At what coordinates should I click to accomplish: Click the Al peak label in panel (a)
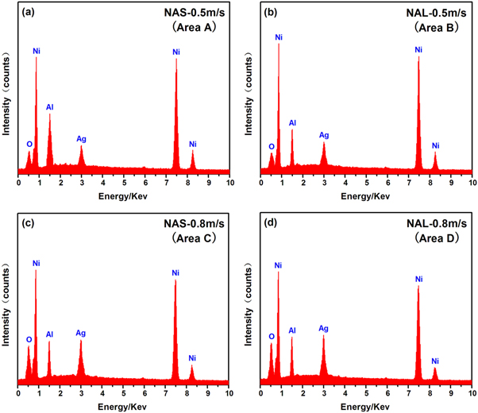click(50, 105)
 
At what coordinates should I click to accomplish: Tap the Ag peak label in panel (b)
click(324, 135)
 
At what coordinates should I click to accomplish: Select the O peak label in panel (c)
click(29, 338)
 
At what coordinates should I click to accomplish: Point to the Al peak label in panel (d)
click(291, 330)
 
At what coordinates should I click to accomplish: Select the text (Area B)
click(434, 27)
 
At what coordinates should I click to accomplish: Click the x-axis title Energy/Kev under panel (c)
click(123, 407)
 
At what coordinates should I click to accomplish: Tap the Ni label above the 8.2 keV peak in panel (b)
click(434, 145)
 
